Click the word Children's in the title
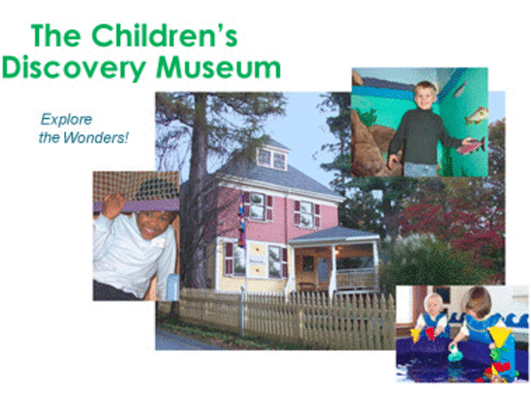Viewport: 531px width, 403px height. pyautogui.click(x=164, y=36)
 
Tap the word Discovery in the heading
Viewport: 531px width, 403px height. pyautogui.click(x=73, y=68)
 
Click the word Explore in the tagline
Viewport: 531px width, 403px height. pyautogui.click(x=66, y=119)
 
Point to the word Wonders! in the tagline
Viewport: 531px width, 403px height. pyautogui.click(x=96, y=137)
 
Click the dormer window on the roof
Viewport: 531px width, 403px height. pyautogui.click(x=272, y=159)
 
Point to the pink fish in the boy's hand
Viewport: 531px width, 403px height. pyautogui.click(x=471, y=146)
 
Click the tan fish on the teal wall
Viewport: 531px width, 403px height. pyautogui.click(x=476, y=115)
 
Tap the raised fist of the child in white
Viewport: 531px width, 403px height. pyautogui.click(x=113, y=205)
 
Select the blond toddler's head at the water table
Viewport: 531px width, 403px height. pyautogui.click(x=434, y=304)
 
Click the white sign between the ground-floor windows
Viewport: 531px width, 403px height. pyautogui.click(x=258, y=258)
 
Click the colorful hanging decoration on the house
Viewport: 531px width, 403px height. pyautogui.click(x=242, y=220)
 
